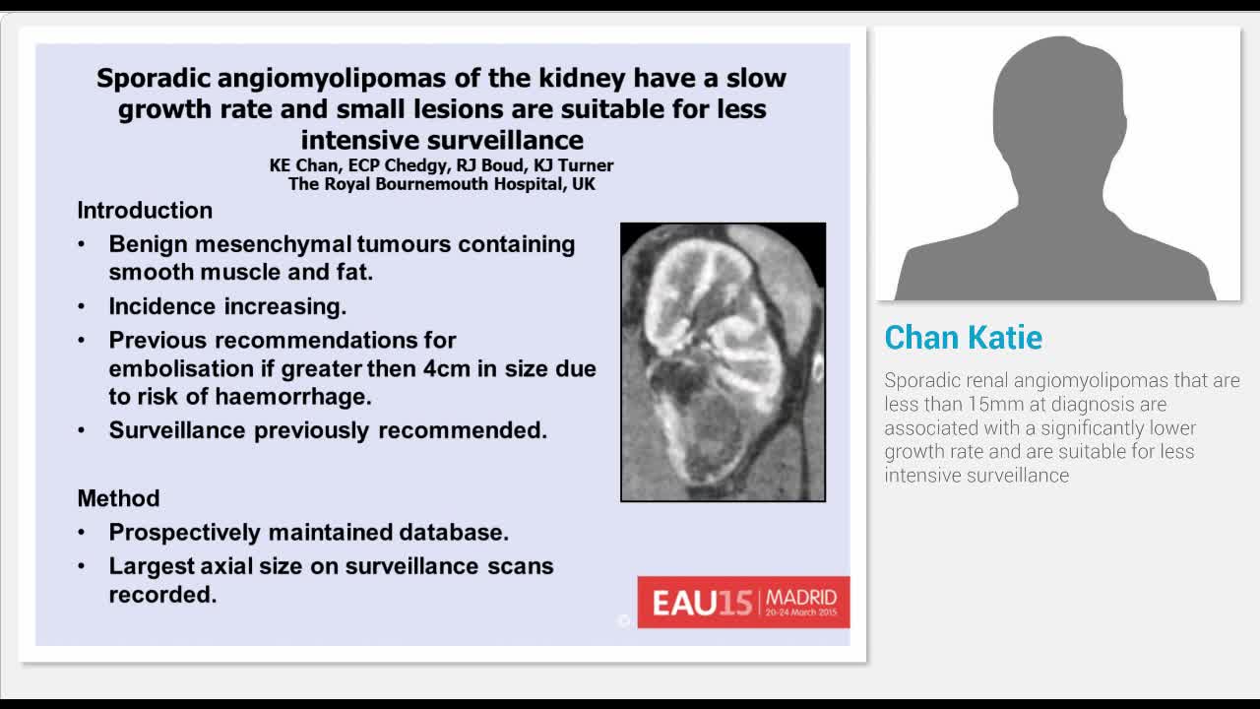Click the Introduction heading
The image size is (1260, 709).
145,210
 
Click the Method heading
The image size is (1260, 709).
118,498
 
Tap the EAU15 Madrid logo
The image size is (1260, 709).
743,602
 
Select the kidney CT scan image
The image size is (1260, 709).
723,362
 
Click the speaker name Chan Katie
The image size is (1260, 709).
963,338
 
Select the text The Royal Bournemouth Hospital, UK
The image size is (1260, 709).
441,183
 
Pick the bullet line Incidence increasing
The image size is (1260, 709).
227,306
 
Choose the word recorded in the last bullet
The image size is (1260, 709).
161,594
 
